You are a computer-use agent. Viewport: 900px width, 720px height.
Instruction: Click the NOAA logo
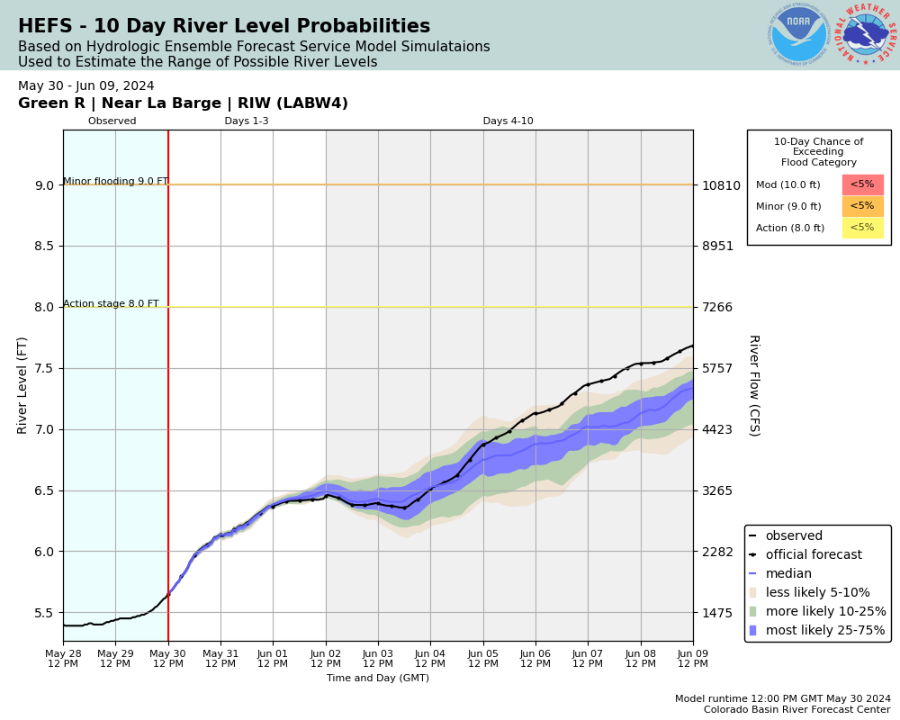tap(798, 34)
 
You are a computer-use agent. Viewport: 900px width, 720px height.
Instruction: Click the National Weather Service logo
tap(866, 34)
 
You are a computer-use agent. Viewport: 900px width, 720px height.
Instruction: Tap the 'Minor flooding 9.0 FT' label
tap(115, 181)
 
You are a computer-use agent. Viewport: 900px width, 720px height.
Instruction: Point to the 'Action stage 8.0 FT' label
tap(111, 303)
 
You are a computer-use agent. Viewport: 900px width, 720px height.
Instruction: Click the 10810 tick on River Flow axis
tap(721, 185)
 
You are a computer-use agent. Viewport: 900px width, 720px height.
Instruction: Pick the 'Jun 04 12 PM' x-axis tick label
tap(430, 658)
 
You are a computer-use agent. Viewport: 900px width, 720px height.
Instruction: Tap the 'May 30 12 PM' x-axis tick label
tap(168, 658)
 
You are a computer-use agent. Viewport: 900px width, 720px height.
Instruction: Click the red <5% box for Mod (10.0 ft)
tap(862, 184)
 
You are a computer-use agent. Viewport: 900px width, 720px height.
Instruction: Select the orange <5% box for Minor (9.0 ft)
tap(862, 206)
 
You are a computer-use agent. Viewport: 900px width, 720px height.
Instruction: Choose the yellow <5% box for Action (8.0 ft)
tap(862, 228)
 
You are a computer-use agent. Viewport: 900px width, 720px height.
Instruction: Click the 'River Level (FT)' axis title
tap(23, 385)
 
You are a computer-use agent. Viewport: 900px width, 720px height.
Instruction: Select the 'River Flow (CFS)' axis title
tap(753, 385)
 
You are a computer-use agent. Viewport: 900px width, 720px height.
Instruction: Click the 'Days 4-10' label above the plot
tap(508, 121)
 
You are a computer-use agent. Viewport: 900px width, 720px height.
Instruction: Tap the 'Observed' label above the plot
tap(112, 121)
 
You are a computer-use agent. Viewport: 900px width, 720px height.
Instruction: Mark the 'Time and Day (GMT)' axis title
tap(378, 678)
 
